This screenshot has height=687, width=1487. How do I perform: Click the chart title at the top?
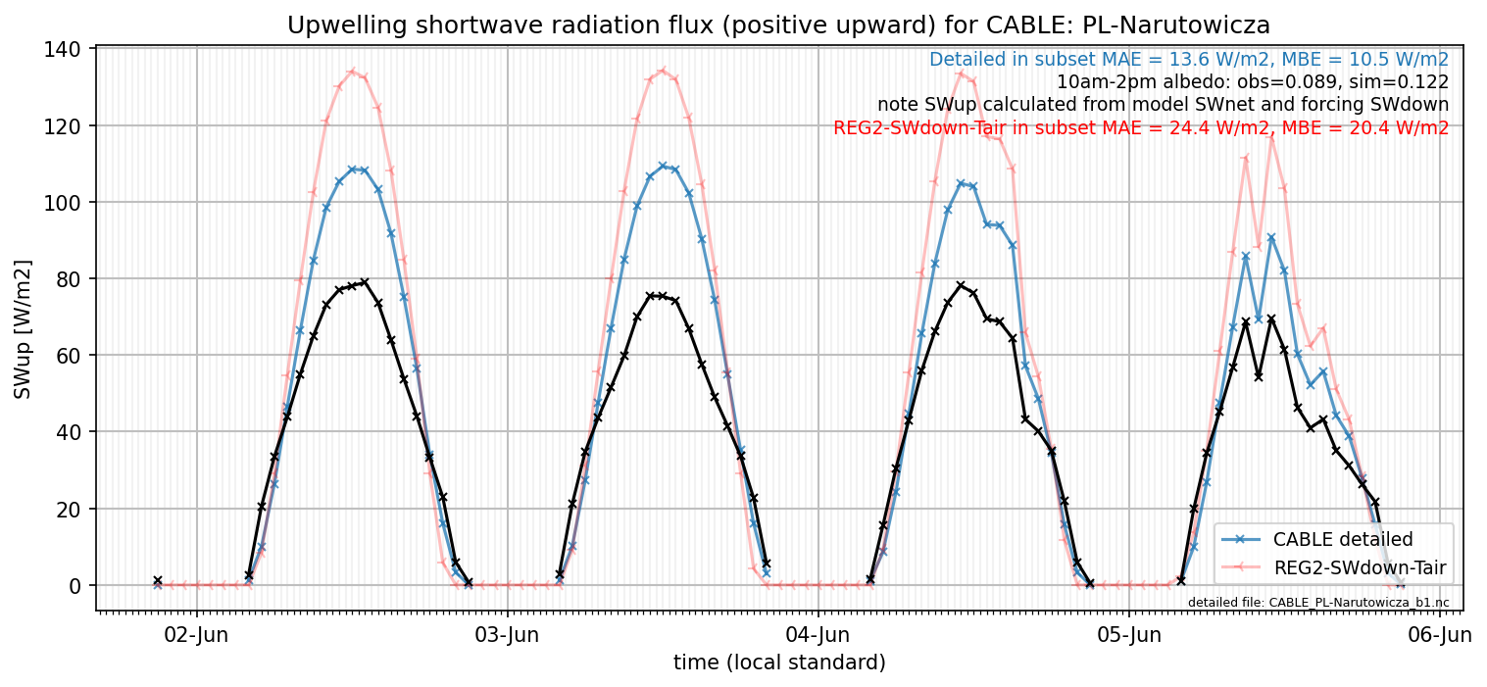point(778,25)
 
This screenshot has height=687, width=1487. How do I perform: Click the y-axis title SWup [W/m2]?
point(23,329)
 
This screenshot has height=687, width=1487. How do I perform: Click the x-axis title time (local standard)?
point(779,662)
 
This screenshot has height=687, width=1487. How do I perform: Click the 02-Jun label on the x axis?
point(196,635)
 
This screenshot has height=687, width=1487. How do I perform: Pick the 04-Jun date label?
point(818,635)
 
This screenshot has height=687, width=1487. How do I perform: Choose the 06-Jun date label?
point(1440,635)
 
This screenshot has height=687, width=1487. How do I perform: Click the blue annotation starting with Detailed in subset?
point(1189,60)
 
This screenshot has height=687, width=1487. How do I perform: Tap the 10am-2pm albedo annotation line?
point(1253,82)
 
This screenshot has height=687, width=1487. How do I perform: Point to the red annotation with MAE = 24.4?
point(1141,128)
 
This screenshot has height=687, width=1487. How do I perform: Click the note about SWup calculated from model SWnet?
point(1164,105)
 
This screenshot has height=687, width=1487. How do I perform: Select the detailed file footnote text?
point(1318,603)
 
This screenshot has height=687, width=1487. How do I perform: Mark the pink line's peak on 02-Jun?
point(353,71)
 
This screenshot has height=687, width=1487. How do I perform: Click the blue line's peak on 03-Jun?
point(663,166)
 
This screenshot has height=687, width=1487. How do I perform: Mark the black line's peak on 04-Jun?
point(961,285)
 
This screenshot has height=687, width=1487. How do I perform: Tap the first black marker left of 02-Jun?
point(158,581)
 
